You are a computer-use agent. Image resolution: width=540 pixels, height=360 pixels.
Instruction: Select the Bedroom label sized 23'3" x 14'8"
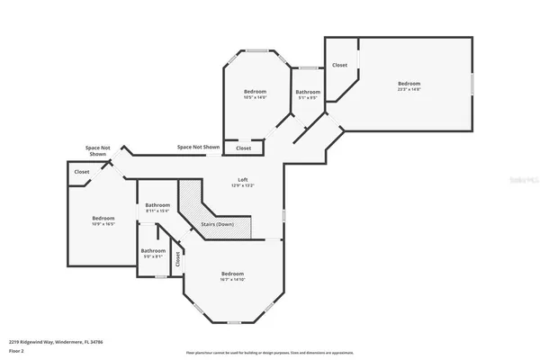(x=409, y=85)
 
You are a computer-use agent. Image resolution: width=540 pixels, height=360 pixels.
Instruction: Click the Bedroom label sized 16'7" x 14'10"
(x=233, y=276)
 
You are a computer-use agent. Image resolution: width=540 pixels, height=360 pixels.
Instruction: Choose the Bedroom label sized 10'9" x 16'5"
(x=103, y=220)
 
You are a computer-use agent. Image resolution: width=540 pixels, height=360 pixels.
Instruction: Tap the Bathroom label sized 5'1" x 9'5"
(x=308, y=94)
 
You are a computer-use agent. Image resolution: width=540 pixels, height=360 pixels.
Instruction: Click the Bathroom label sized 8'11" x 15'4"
(x=157, y=208)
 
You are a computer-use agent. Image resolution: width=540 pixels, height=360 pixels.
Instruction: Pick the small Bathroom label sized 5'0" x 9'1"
(x=152, y=254)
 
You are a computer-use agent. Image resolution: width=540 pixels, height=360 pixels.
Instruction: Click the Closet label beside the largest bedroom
(x=340, y=65)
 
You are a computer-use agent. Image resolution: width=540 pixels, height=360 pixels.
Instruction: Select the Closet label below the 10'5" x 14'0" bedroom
(x=243, y=148)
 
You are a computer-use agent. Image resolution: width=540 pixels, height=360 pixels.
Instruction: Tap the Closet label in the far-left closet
(x=82, y=171)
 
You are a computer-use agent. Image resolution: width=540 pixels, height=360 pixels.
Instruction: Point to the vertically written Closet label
(x=178, y=259)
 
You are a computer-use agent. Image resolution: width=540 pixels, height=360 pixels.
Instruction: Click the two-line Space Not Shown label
(x=98, y=150)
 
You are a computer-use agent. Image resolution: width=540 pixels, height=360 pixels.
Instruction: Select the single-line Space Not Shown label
(x=198, y=147)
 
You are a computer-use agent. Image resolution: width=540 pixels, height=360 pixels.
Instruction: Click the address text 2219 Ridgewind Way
(x=44, y=342)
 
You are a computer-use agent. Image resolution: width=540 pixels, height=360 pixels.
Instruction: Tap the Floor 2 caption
(x=16, y=350)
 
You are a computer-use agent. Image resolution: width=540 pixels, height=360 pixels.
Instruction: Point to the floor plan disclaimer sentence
(x=270, y=352)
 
